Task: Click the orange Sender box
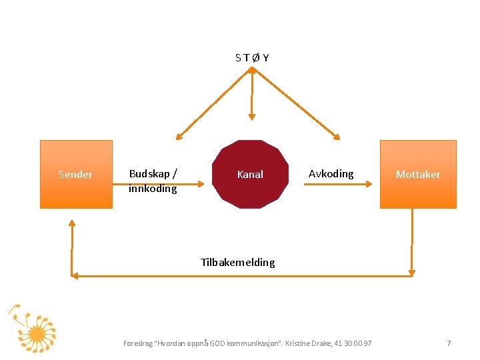pos(76,174)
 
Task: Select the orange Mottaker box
pos(418,174)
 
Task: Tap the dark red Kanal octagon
pos(250,174)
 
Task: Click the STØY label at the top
pos(252,57)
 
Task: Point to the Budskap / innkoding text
pos(153,181)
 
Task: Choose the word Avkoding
pos(331,174)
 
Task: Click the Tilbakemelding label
pos(237,262)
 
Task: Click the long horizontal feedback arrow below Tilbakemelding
pos(240,275)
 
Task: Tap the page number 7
pos(449,343)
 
